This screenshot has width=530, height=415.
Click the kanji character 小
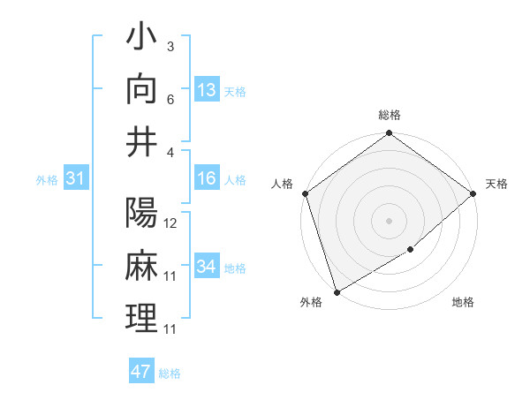click(x=142, y=41)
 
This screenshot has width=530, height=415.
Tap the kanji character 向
click(x=142, y=89)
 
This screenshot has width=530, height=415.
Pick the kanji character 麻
click(x=142, y=266)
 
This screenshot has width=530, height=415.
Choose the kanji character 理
click(x=142, y=317)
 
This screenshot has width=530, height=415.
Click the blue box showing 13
click(x=207, y=90)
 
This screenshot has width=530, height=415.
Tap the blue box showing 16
click(x=207, y=178)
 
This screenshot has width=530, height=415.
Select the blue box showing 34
click(x=207, y=267)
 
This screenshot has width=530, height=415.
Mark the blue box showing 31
click(x=76, y=178)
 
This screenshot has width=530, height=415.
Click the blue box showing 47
click(x=141, y=372)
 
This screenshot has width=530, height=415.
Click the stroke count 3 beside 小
click(x=170, y=47)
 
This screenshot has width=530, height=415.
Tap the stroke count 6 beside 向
click(x=170, y=99)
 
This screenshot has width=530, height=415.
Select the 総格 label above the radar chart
click(x=390, y=115)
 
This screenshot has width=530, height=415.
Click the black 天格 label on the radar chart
click(x=496, y=184)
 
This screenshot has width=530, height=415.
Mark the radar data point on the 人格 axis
click(x=305, y=193)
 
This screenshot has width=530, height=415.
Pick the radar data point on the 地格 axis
click(x=411, y=250)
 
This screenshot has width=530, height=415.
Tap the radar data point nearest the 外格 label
click(x=337, y=291)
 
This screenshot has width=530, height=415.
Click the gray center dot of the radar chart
click(x=389, y=221)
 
